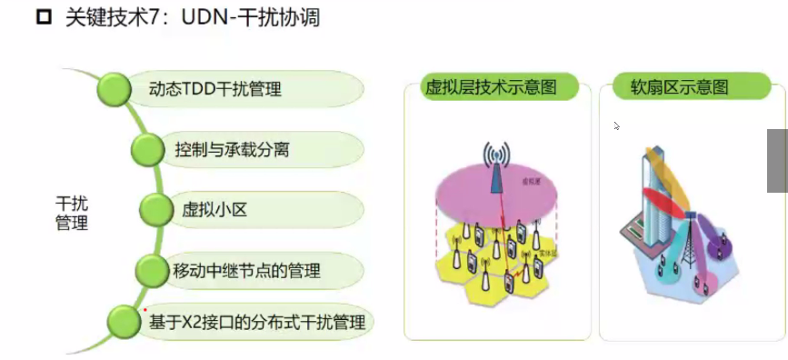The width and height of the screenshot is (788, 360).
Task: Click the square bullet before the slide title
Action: (42, 17)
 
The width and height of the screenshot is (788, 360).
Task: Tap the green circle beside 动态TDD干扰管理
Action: (115, 88)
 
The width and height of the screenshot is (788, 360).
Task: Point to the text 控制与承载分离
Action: (232, 149)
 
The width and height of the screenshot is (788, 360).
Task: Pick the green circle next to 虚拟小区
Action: (155, 210)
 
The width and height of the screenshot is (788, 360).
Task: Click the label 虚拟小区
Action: (214, 210)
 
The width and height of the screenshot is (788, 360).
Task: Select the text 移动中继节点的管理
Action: (246, 271)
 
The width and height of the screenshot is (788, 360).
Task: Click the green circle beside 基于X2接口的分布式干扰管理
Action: (123, 321)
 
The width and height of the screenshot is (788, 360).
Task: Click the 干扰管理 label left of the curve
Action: (72, 213)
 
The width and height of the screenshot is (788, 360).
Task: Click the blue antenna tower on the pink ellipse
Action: (494, 168)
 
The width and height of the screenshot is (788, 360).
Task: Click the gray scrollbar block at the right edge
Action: (777, 160)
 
